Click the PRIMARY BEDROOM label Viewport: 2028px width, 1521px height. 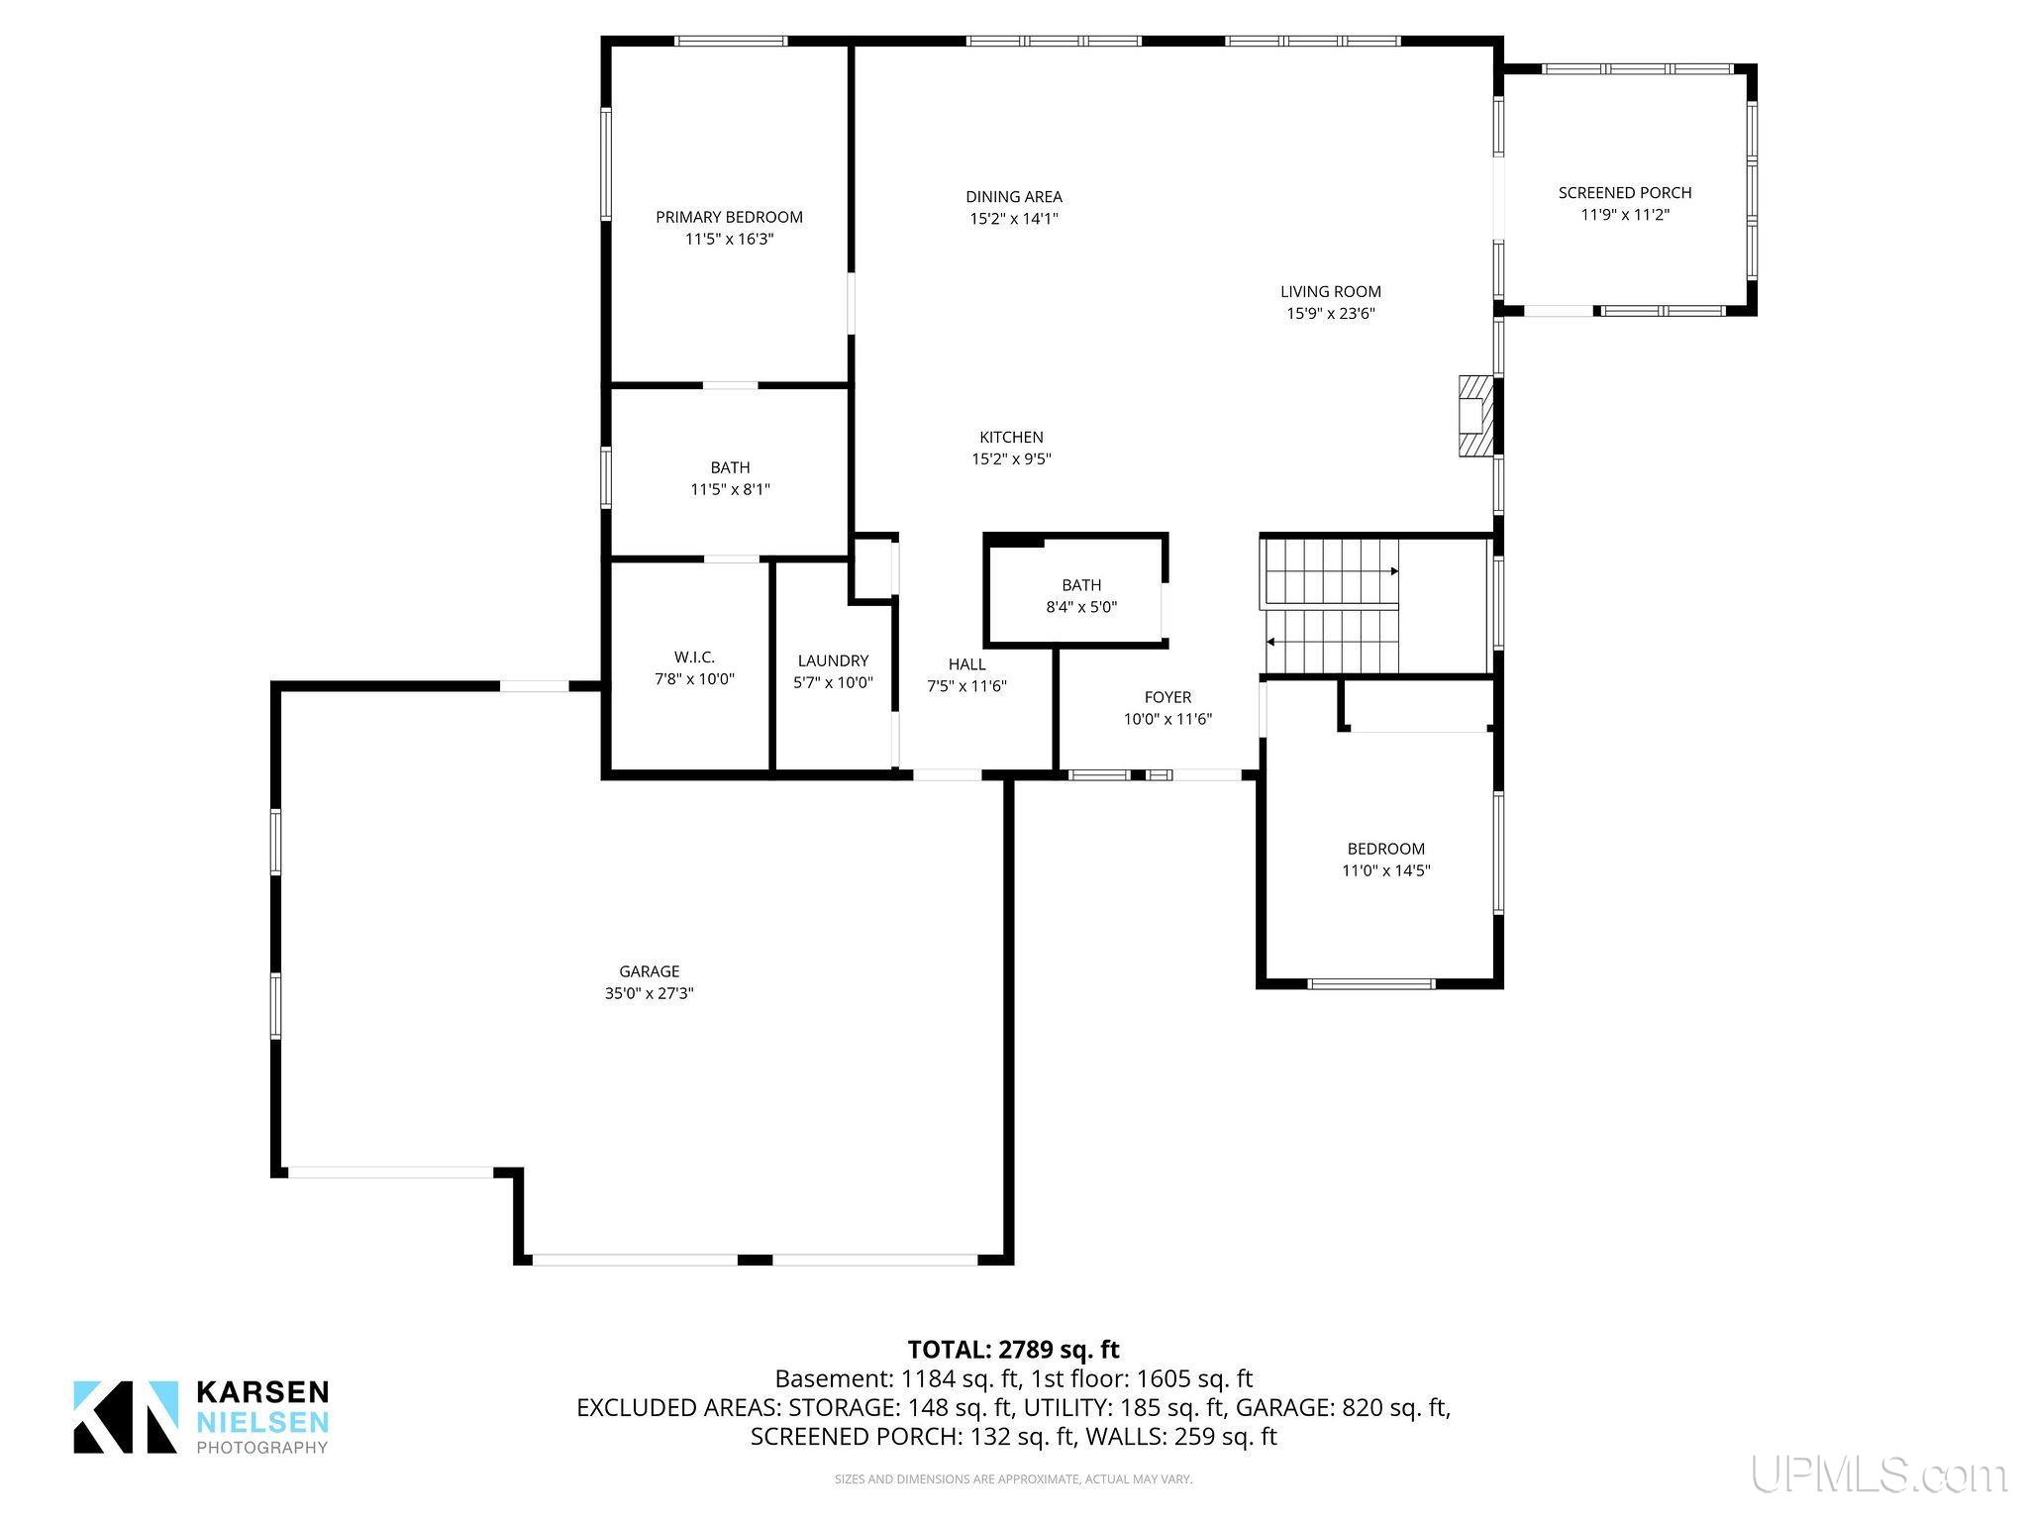pyautogui.click(x=729, y=217)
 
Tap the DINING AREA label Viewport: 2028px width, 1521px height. pyautogui.click(x=1014, y=197)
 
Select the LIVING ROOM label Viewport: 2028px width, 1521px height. pyautogui.click(x=1331, y=291)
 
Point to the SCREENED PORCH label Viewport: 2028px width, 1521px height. pyautogui.click(x=1625, y=192)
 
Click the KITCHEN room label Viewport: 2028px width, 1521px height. pyautogui.click(x=1011, y=437)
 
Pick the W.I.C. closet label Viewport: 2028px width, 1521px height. pyautogui.click(x=694, y=658)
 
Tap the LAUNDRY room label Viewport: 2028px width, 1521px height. pyautogui.click(x=833, y=660)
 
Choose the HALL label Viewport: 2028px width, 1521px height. pyautogui.click(x=966, y=663)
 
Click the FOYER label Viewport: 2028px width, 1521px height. pyautogui.click(x=1167, y=697)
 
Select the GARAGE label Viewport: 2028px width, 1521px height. pyautogui.click(x=650, y=971)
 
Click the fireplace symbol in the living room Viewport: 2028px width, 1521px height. pyautogui.click(x=1474, y=415)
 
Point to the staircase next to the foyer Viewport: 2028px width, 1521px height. pyautogui.click(x=1332, y=606)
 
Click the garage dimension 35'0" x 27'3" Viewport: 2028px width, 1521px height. pyautogui.click(x=650, y=993)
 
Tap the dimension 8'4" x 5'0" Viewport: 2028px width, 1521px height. pyautogui.click(x=1081, y=607)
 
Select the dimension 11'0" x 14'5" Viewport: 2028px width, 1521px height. pyautogui.click(x=1386, y=870)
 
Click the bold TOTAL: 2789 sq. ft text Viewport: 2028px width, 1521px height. pyautogui.click(x=1014, y=1349)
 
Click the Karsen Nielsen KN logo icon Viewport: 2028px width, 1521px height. pyautogui.click(x=126, y=1417)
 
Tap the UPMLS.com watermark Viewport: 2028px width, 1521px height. pyautogui.click(x=1878, y=1475)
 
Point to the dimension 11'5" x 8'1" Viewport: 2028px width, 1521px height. pyautogui.click(x=730, y=489)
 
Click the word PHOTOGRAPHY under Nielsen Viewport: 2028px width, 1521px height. pyautogui.click(x=262, y=1448)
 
